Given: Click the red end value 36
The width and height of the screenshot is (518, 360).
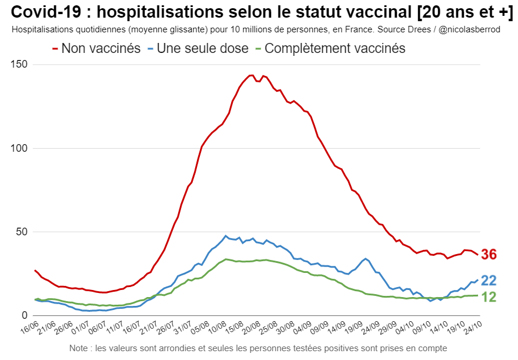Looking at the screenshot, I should tap(489, 255).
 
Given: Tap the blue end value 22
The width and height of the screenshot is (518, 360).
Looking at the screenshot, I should tap(489, 281).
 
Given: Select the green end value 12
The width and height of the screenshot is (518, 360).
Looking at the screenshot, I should tap(489, 297).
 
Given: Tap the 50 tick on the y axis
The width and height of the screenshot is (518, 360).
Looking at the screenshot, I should tap(23, 232).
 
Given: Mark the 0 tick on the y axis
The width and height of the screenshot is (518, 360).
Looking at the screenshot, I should tap(25, 316).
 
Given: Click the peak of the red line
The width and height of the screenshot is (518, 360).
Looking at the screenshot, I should tap(251, 75).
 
